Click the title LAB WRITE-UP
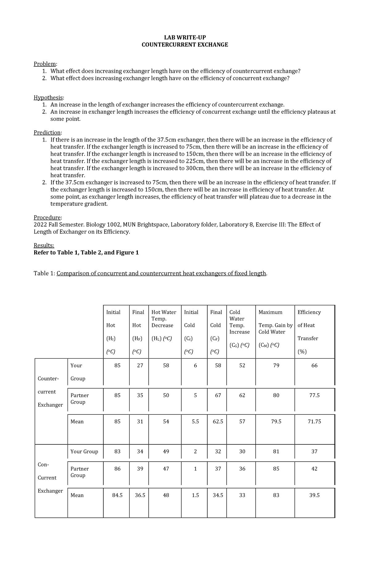[185, 38]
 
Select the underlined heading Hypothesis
[48, 97]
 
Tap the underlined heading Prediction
[47, 133]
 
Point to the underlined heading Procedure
[47, 217]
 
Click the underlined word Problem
[45, 64]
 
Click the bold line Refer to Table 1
[86, 253]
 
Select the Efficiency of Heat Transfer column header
[309, 331]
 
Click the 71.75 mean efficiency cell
[314, 422]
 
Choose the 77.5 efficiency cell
[314, 395]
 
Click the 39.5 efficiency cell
[314, 495]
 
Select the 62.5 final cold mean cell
[218, 422]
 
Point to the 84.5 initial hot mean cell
[117, 495]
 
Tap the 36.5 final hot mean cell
[140, 495]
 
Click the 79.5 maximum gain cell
[276, 422]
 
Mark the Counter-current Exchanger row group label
[50, 392]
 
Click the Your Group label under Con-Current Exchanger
[84, 451]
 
